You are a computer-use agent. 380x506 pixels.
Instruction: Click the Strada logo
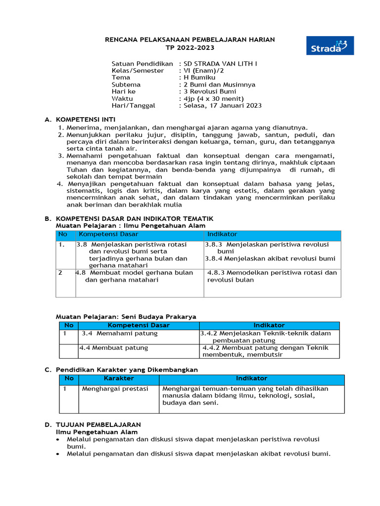330,45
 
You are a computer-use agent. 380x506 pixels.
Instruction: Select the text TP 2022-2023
190,47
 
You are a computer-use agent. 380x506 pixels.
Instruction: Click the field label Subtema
126,84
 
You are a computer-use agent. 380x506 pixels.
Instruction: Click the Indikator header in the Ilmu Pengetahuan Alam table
222,234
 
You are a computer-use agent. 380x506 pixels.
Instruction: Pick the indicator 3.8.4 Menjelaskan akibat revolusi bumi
270,258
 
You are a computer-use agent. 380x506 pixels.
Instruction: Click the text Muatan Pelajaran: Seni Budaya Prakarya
126,316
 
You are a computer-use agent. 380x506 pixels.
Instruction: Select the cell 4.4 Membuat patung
113,348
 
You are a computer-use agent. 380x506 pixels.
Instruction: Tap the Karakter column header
119,378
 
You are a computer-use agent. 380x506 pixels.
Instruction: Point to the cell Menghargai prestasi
115,388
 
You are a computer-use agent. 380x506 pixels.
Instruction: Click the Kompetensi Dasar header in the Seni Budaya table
139,326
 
